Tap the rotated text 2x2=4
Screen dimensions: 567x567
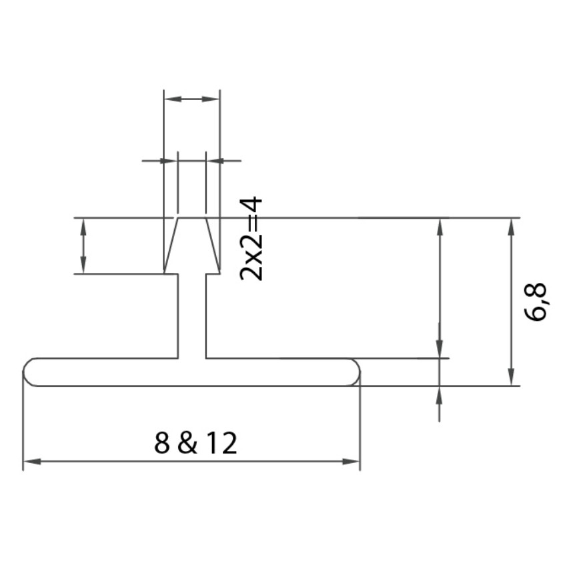(x=252, y=238)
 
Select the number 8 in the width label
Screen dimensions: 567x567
(x=161, y=443)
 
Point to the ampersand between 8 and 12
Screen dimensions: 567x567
(x=187, y=443)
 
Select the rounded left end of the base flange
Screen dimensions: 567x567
(x=30, y=372)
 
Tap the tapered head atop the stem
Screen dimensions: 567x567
(x=191, y=245)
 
